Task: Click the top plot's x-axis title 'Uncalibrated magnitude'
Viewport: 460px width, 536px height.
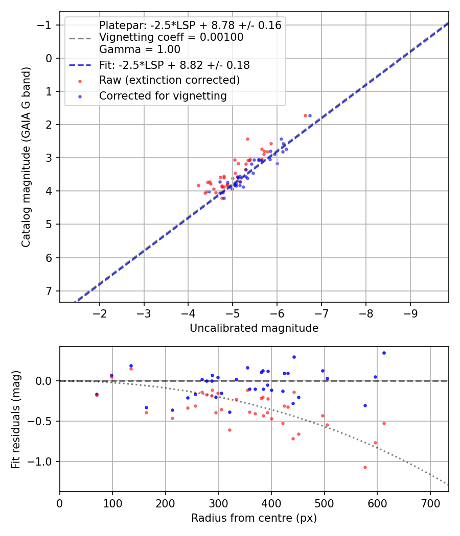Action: [254, 328]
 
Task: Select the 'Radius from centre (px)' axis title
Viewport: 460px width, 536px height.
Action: [254, 518]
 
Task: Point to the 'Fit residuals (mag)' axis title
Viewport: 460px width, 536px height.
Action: [16, 419]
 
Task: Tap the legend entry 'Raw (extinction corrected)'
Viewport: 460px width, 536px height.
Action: [169, 80]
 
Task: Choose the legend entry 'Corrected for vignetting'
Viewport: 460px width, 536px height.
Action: [163, 95]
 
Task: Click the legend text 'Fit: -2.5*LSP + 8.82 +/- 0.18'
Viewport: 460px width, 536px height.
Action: [174, 65]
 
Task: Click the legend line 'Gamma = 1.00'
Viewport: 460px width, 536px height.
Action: [140, 50]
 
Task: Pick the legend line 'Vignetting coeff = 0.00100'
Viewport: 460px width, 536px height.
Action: [171, 37]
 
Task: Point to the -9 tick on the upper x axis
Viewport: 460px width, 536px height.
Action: [410, 312]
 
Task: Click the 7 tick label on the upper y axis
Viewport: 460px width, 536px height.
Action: [50, 291]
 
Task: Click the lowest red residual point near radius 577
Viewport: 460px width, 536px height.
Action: [365, 467]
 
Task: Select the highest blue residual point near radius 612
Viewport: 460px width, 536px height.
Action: [384, 353]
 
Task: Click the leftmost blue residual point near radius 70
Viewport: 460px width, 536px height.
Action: [97, 394]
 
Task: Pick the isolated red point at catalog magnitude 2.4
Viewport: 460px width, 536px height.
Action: [247, 139]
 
